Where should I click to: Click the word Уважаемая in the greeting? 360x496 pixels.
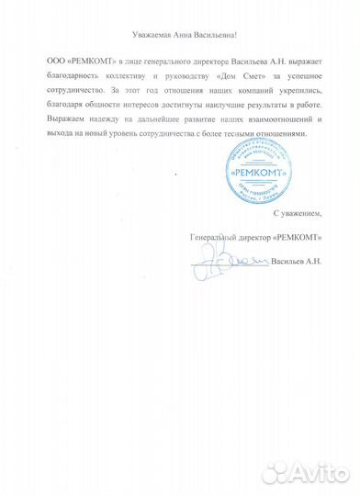(137, 34)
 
